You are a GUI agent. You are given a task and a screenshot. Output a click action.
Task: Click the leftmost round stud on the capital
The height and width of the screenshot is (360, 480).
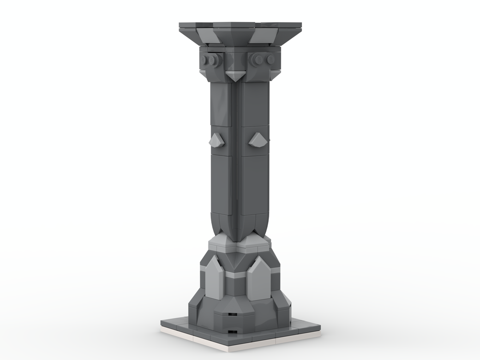(205, 60)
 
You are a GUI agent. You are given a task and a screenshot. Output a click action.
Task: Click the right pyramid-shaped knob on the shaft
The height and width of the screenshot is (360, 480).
(258, 139)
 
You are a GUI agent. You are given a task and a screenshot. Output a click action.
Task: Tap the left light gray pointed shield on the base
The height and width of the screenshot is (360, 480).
(214, 278)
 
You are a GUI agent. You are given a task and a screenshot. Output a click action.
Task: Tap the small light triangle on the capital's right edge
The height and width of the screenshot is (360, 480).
(275, 75)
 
